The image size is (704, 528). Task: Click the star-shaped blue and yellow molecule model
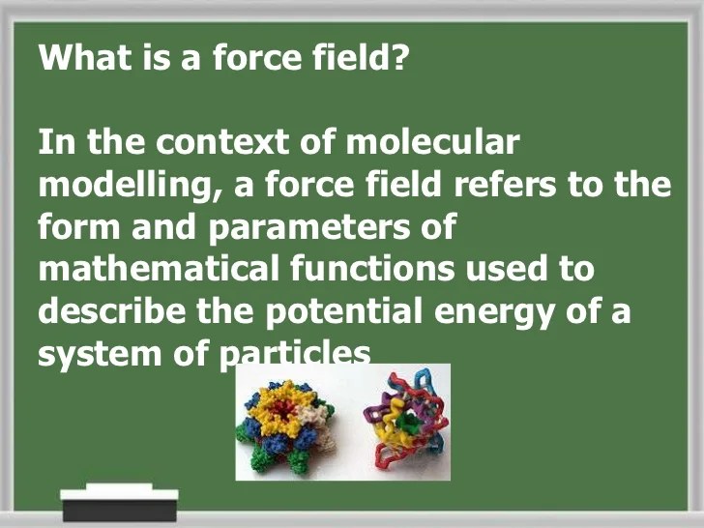pyautogui.click(x=287, y=422)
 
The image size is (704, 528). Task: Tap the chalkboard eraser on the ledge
pyautogui.click(x=119, y=503)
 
